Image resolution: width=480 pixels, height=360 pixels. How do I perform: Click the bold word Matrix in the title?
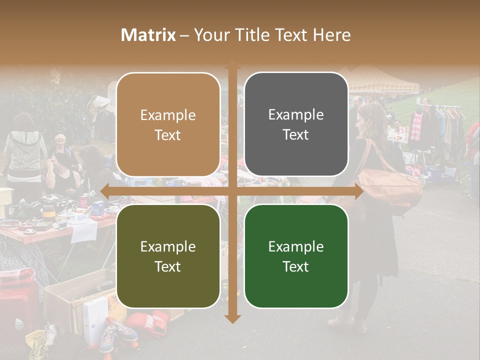pos(148,35)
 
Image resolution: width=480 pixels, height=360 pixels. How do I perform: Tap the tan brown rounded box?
pos(168,124)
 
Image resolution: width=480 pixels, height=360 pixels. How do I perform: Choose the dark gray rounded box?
pos(296,124)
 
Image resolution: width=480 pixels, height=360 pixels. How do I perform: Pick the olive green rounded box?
pos(168,256)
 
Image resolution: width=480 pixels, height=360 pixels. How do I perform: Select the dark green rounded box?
pos(296,256)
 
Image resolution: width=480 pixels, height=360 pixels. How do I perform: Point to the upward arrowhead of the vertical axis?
pos(232,65)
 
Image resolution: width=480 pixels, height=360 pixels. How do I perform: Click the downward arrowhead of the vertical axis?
pos(232,318)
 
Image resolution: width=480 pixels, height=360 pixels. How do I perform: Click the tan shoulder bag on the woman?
pos(389,187)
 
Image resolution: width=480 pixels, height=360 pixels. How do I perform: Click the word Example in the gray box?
pos(296,114)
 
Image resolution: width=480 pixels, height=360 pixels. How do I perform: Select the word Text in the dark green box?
pos(296,266)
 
